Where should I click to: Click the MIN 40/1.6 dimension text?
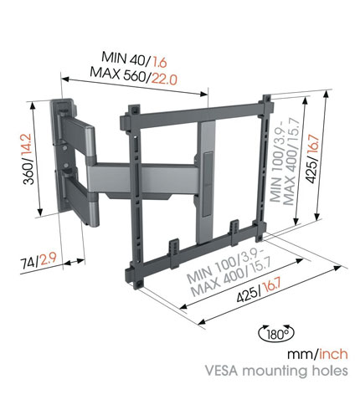tap(134, 59)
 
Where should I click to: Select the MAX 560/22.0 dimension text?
tap(133, 75)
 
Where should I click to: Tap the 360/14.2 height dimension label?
tap(28, 159)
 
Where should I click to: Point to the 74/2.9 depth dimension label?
tap(39, 261)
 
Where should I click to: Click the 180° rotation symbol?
tap(276, 333)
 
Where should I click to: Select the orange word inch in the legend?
tap(333, 354)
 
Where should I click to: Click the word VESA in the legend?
tap(222, 371)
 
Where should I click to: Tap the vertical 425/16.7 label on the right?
tap(312, 159)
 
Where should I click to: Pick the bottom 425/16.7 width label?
tap(259, 291)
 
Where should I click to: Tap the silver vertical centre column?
tap(206, 182)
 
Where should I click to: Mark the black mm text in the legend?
tap(301, 355)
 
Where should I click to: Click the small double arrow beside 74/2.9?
tap(75, 262)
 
